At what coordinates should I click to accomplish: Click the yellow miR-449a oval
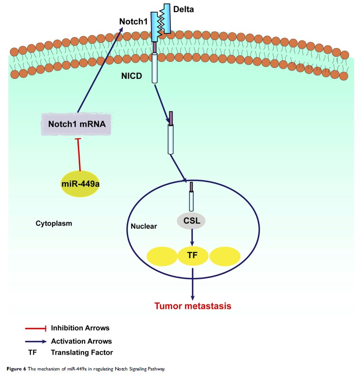80,183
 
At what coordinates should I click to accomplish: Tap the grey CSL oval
192,221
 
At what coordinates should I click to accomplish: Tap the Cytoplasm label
54,223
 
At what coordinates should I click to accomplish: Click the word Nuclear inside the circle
144,226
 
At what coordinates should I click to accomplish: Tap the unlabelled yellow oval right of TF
225,256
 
